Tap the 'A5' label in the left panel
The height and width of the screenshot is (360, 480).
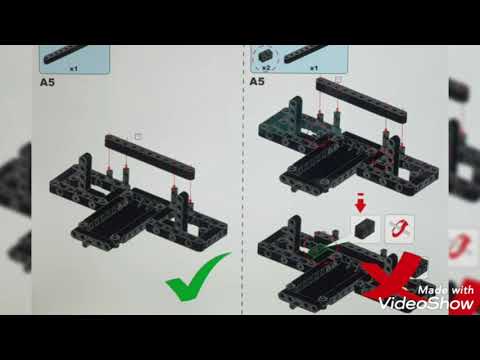(47, 84)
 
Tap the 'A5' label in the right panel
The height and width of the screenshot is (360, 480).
(257, 81)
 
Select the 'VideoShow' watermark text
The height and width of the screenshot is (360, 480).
(433, 300)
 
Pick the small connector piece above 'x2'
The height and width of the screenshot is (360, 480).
(267, 54)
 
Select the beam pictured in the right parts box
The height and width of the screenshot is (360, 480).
(315, 54)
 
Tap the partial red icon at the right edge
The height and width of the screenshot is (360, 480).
(462, 245)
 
